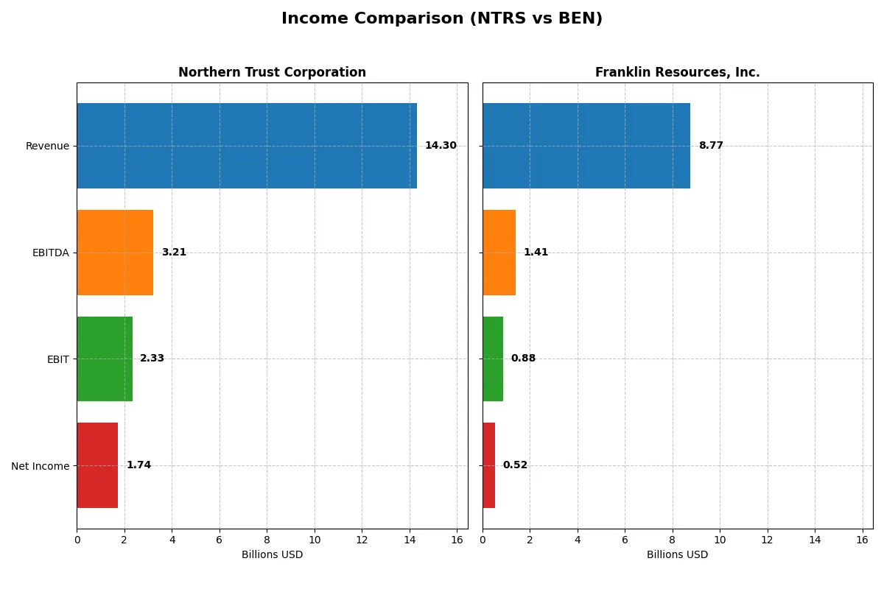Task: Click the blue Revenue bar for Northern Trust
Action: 247,146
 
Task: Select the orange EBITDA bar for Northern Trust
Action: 115,253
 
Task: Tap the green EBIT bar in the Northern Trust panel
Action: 105,359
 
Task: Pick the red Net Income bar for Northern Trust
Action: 97,465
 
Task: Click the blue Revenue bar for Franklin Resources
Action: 586,146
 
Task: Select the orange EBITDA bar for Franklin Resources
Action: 499,253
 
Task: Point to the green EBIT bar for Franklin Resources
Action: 493,359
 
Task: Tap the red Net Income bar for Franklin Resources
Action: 488,465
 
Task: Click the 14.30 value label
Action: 441,146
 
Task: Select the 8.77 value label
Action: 711,146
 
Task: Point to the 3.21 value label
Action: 174,253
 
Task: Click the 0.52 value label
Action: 515,465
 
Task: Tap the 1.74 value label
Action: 138,465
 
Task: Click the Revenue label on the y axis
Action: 47,146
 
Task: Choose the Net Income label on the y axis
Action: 41,466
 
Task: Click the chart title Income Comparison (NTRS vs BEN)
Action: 442,19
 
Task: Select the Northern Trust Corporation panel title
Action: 272,72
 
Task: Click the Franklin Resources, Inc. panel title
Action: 677,72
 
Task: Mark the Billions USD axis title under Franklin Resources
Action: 677,555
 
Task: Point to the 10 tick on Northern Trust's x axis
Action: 315,539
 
